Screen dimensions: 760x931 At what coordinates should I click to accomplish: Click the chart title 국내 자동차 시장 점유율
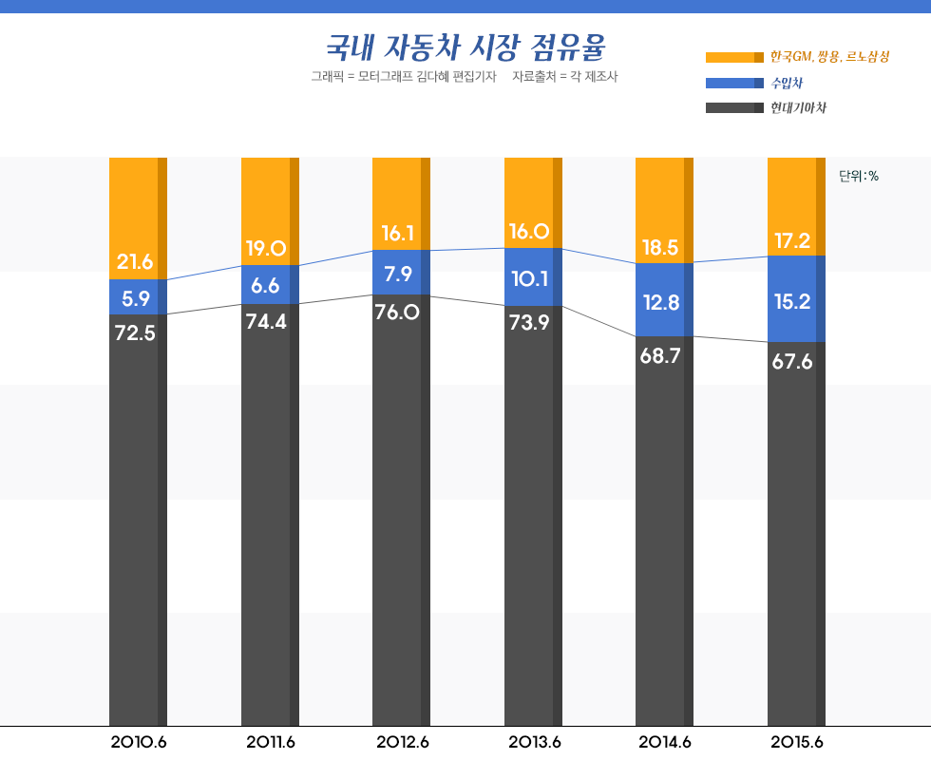(x=465, y=46)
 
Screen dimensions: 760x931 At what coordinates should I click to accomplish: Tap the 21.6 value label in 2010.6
(x=135, y=261)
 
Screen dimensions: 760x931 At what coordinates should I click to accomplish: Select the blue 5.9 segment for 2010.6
(x=137, y=297)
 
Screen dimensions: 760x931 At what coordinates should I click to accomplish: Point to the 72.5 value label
(x=135, y=333)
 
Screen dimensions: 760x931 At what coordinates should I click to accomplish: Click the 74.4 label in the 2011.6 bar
(x=266, y=321)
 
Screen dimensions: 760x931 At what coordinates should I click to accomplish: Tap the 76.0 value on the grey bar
(x=398, y=312)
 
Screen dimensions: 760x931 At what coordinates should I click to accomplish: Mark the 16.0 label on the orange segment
(x=529, y=231)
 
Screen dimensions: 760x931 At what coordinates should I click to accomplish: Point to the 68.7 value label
(x=660, y=355)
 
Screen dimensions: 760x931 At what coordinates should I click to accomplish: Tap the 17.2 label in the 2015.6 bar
(x=792, y=241)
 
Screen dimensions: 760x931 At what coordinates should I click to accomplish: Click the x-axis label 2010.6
(x=139, y=742)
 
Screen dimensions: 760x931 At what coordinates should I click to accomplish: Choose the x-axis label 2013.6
(x=533, y=742)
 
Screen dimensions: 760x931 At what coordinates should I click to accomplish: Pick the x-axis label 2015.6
(x=796, y=742)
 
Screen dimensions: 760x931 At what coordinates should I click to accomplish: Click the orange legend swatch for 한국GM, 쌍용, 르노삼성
(x=734, y=57)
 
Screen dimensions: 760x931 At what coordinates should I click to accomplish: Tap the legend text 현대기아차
(x=798, y=107)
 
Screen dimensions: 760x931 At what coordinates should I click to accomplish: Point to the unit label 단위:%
(x=859, y=176)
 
